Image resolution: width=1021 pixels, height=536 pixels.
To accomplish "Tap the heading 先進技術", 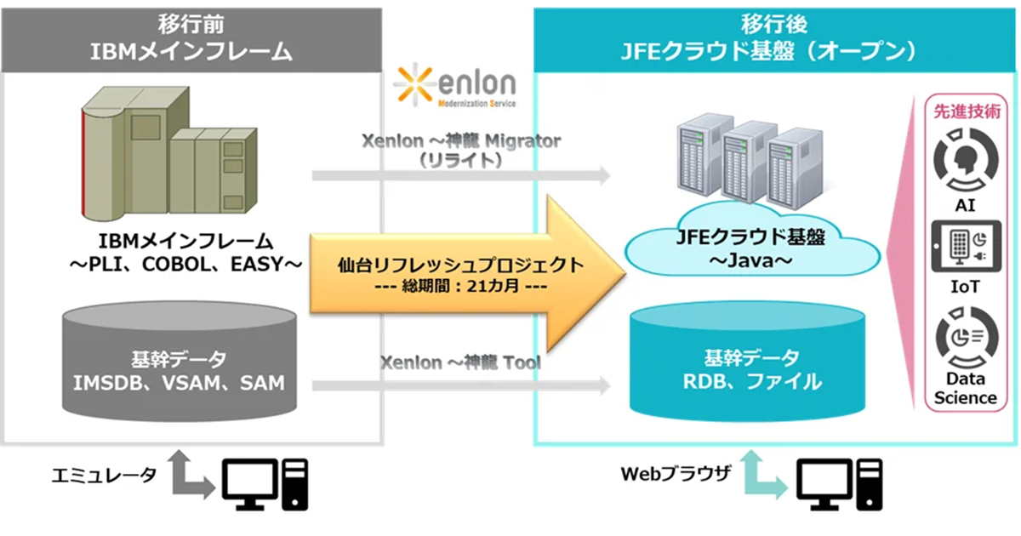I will click(964, 113).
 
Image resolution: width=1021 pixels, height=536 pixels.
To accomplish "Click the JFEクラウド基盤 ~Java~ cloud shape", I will click(750, 247).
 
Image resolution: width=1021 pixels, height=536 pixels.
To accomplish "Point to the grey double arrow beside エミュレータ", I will click(189, 476).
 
